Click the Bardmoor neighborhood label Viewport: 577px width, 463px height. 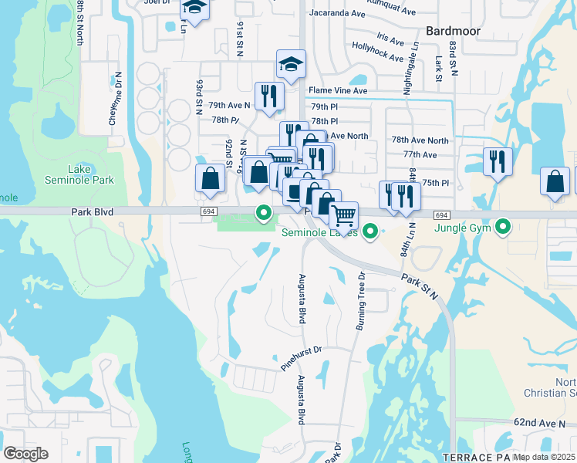[x=453, y=31]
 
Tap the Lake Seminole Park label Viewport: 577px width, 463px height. [x=90, y=174]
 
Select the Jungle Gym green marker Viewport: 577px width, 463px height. [x=504, y=227]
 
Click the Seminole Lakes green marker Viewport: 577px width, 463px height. [x=371, y=231]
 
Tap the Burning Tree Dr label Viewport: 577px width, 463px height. [x=359, y=302]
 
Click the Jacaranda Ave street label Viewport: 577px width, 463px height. [x=336, y=13]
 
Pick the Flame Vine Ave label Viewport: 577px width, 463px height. [x=339, y=90]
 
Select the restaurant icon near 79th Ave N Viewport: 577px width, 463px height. [x=269, y=96]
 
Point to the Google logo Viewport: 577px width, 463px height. [x=26, y=453]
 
